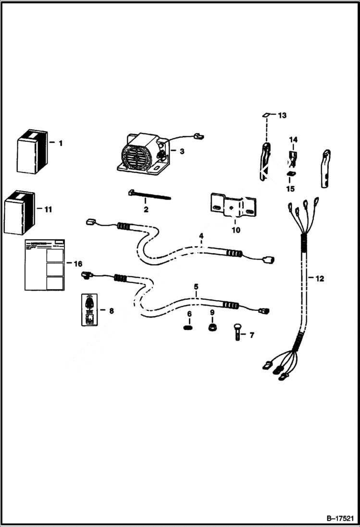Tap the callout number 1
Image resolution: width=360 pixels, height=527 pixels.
pos(61,143)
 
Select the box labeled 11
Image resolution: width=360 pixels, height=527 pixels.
pos(20,212)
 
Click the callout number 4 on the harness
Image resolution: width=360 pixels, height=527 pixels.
pos(201,236)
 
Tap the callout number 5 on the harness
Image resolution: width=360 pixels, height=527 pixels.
pos(196,287)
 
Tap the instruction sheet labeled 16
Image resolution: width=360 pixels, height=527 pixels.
pos(44,265)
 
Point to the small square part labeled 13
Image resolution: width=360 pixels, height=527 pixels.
pos(265,115)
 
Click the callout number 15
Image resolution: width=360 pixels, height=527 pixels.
pos(290,189)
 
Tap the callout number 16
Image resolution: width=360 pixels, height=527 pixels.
pos(77,264)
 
